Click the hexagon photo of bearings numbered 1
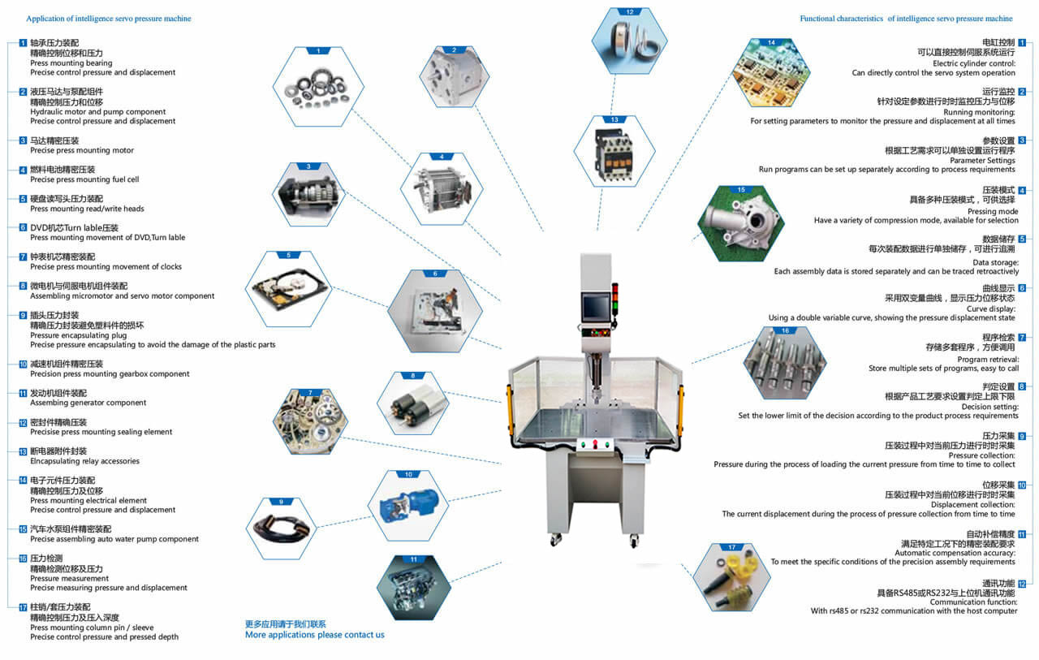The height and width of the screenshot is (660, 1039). [x=318, y=88]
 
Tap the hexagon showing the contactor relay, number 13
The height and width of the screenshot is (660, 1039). [x=614, y=152]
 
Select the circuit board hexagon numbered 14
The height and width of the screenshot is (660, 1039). [x=770, y=73]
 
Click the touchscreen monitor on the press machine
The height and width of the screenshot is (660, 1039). [x=594, y=308]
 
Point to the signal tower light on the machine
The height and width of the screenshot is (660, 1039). [x=614, y=298]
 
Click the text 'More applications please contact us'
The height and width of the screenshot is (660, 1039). [x=315, y=635]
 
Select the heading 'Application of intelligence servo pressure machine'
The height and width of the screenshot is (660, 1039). [x=109, y=18]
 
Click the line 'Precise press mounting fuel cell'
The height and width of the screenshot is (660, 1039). [x=84, y=179]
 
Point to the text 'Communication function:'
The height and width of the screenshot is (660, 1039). [x=973, y=602]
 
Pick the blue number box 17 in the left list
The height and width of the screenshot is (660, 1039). [x=23, y=606]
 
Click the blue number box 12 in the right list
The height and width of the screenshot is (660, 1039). [x=1022, y=584]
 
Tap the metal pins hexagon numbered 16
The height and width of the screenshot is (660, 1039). [x=785, y=362]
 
